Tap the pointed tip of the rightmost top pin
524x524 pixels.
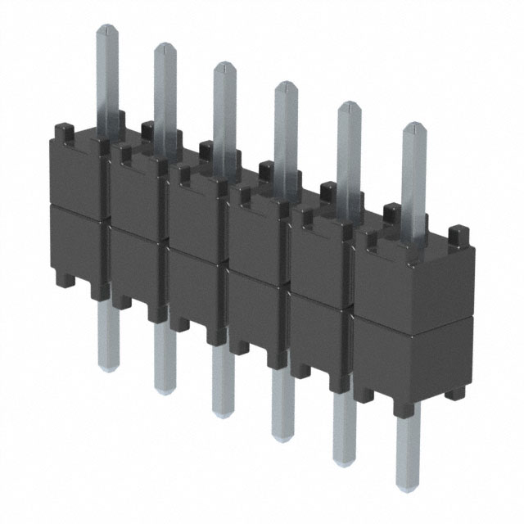coord(414,128)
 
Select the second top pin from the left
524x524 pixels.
coord(165,90)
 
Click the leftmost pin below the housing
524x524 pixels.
coord(106,336)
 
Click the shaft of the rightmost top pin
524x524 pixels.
coord(414,180)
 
